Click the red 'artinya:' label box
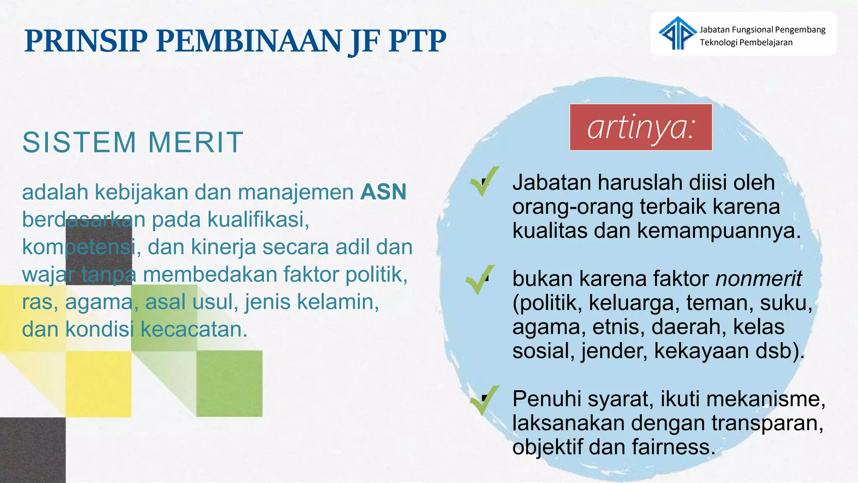coord(641,127)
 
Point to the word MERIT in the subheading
coord(196,142)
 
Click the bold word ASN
coord(383,192)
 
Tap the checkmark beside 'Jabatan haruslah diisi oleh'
coord(484,182)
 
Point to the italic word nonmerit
coord(758,279)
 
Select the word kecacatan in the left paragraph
coord(193,330)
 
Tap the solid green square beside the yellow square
coord(230,384)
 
